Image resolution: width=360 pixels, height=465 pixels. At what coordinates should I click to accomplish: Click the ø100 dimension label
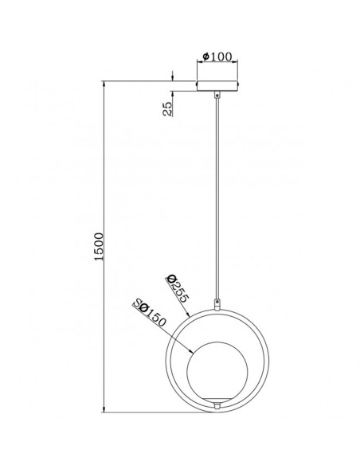click(217, 57)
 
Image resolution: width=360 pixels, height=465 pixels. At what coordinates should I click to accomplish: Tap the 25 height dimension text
click(167, 109)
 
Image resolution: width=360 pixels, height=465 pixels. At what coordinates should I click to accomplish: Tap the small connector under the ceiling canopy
click(219, 95)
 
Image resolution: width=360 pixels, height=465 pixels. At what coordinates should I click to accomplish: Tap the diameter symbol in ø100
click(205, 57)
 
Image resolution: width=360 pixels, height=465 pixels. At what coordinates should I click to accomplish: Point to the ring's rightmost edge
click(271, 358)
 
